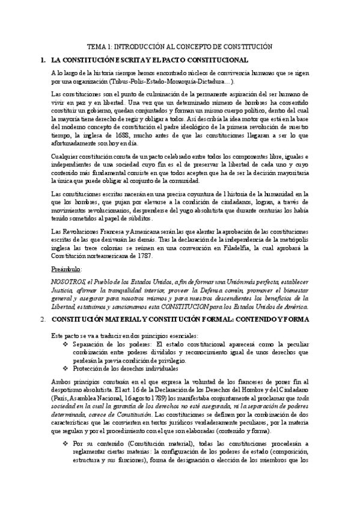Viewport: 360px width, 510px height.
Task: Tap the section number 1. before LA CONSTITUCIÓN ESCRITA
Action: (x=42, y=60)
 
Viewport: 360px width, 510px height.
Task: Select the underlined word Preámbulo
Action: (x=67, y=269)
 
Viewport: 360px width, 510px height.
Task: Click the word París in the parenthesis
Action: (x=60, y=398)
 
